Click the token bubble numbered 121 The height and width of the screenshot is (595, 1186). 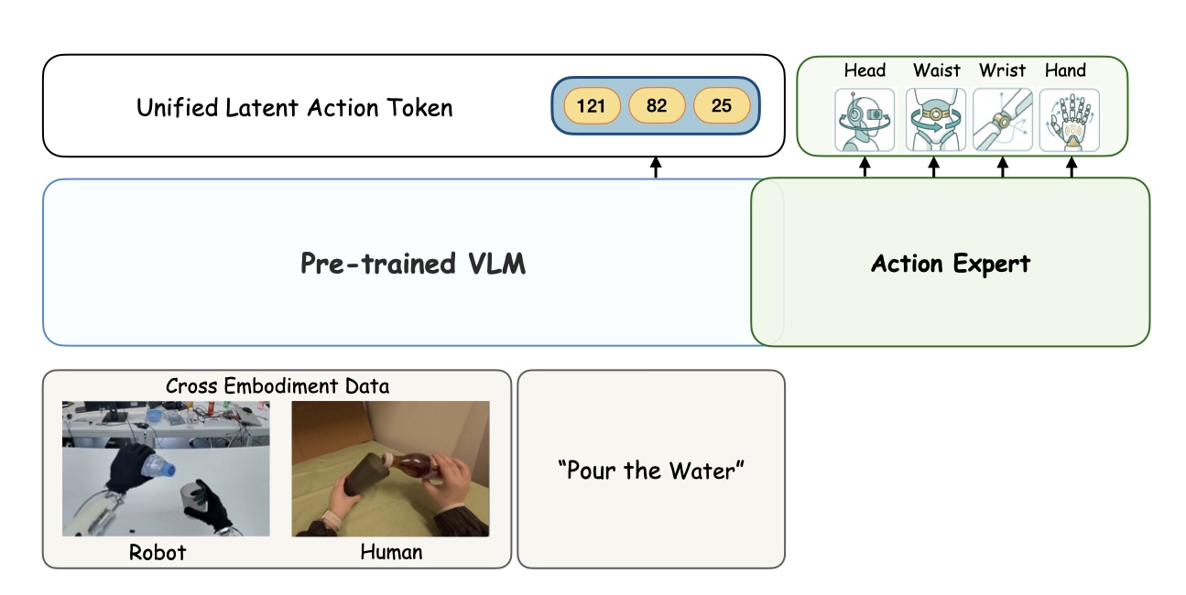(x=592, y=105)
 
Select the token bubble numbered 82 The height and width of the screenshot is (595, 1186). (x=657, y=105)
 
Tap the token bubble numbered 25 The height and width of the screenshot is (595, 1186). (x=722, y=105)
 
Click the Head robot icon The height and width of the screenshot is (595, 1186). (x=865, y=120)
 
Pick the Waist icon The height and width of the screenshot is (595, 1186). (x=935, y=120)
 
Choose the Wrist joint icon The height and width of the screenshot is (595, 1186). (x=1003, y=120)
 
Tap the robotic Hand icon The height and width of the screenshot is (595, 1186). (x=1070, y=120)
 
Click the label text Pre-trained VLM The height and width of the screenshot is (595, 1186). (x=413, y=264)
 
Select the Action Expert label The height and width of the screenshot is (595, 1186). (x=951, y=264)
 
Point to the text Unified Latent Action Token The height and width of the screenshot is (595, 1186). (x=294, y=107)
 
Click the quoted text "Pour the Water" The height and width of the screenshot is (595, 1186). (x=651, y=471)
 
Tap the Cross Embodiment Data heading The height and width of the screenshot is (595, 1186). (x=277, y=385)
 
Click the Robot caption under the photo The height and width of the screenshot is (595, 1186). (x=157, y=552)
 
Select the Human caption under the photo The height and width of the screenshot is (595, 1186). (x=391, y=552)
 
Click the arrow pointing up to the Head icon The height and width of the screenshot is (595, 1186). (x=865, y=167)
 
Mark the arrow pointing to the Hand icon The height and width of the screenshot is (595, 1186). (x=1072, y=167)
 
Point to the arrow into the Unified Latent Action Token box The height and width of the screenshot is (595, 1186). (x=656, y=167)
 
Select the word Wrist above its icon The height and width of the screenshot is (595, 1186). (x=1002, y=70)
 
